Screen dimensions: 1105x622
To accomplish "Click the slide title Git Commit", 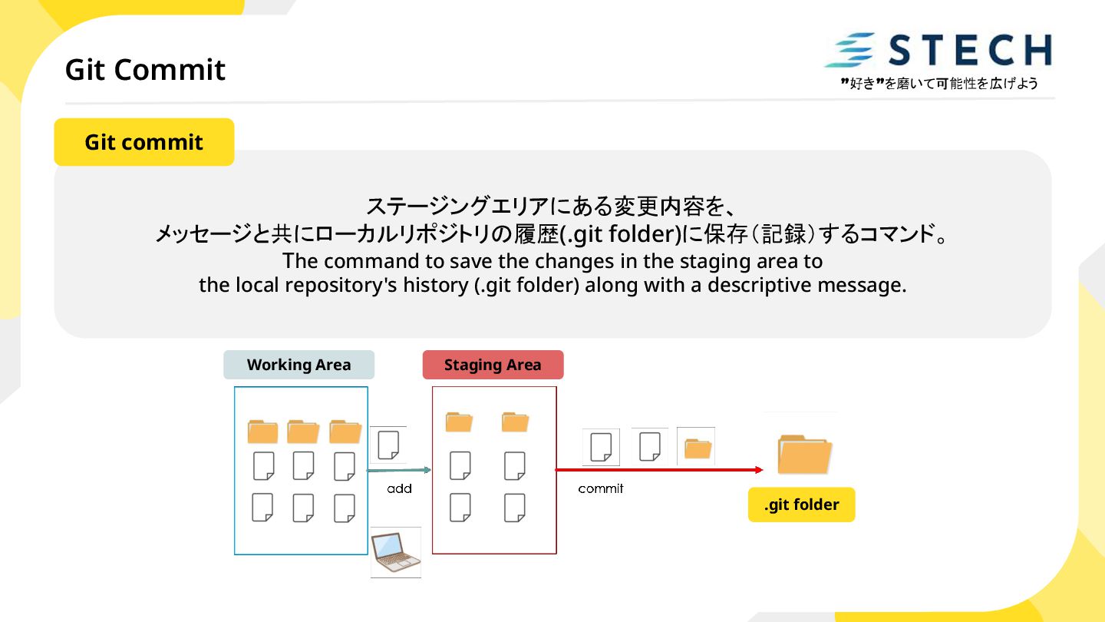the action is pyautogui.click(x=145, y=70).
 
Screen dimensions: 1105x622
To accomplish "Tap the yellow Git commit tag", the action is pyautogui.click(x=143, y=142).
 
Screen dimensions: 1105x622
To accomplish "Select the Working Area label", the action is pyautogui.click(x=299, y=365).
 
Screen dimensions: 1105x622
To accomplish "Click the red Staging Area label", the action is pyautogui.click(x=493, y=365).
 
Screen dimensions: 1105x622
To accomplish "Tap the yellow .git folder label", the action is pyautogui.click(x=801, y=505).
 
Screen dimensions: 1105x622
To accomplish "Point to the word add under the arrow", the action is pyautogui.click(x=399, y=488).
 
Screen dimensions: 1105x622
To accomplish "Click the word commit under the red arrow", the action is pyautogui.click(x=601, y=488).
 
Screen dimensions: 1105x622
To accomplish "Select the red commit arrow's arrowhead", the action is pyautogui.click(x=758, y=470).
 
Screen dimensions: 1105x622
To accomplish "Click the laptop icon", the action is pyautogui.click(x=396, y=552).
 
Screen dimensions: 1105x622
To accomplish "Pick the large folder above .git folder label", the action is pyautogui.click(x=803, y=453).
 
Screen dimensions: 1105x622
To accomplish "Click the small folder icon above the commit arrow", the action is pyautogui.click(x=697, y=447).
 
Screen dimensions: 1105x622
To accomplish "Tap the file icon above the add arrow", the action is pyautogui.click(x=388, y=445).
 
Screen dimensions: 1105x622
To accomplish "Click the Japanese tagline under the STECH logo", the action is pyautogui.click(x=939, y=84).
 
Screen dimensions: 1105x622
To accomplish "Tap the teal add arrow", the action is pyautogui.click(x=399, y=470).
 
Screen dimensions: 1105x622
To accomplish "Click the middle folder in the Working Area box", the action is pyautogui.click(x=303, y=432).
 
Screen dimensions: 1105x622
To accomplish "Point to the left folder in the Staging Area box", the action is pyautogui.click(x=459, y=422).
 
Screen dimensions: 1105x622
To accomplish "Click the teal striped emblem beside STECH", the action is pyautogui.click(x=850, y=51).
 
